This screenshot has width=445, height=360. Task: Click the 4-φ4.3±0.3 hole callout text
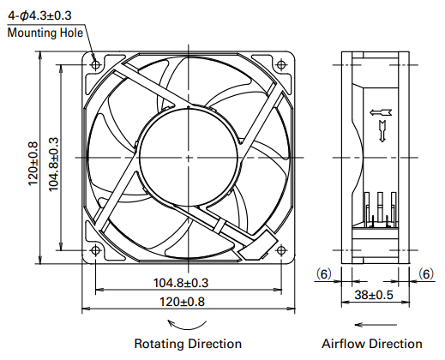[39, 15]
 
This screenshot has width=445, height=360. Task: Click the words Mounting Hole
[45, 33]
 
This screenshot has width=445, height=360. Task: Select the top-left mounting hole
[95, 65]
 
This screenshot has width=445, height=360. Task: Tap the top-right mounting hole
[281, 65]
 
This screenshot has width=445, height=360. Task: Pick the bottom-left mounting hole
[95, 250]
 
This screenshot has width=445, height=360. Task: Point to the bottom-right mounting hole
[281, 250]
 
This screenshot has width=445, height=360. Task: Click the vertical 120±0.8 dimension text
[33, 163]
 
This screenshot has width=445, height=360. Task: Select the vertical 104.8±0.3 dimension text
[54, 165]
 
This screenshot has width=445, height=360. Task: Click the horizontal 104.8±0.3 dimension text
[181, 283]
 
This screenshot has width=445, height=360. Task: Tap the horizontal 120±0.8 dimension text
[182, 302]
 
